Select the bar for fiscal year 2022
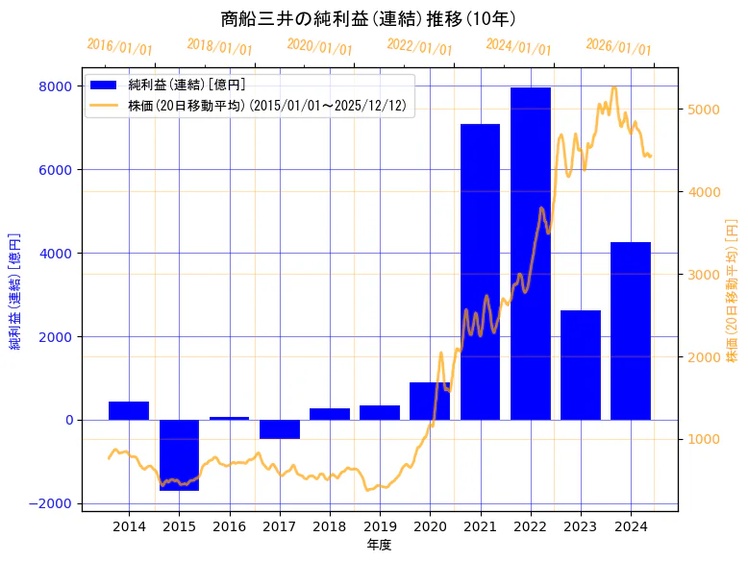click(x=530, y=254)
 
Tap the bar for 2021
click(x=480, y=272)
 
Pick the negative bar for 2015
click(x=179, y=454)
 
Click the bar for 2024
click(x=631, y=330)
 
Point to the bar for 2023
click(x=580, y=365)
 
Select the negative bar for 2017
click(x=279, y=428)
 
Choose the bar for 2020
click(x=430, y=401)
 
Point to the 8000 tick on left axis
click(x=55, y=86)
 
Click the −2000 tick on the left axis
click(x=51, y=503)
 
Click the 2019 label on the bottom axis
click(x=380, y=525)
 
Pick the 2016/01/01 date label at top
click(x=119, y=46)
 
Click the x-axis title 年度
click(x=379, y=545)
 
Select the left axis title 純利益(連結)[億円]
click(x=14, y=291)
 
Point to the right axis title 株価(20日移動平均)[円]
click(x=732, y=291)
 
